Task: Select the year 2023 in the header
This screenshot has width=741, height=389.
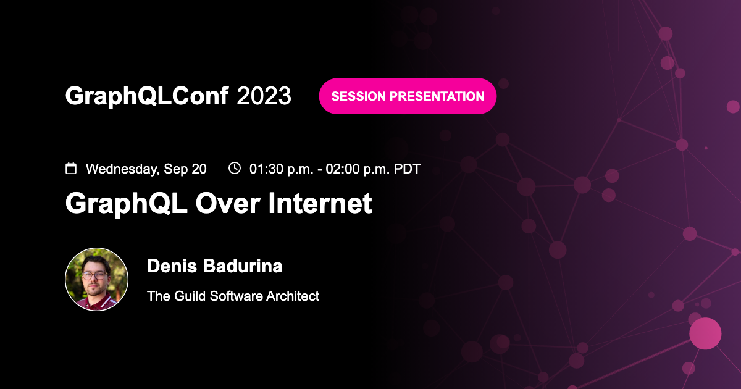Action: (x=264, y=96)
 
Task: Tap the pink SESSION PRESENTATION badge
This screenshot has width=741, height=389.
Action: (x=408, y=96)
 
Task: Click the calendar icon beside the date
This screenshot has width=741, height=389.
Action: (x=71, y=168)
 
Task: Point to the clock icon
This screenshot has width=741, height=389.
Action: (x=235, y=168)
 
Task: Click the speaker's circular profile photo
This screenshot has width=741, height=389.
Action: (x=97, y=279)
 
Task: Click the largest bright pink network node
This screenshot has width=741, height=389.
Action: (x=705, y=333)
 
